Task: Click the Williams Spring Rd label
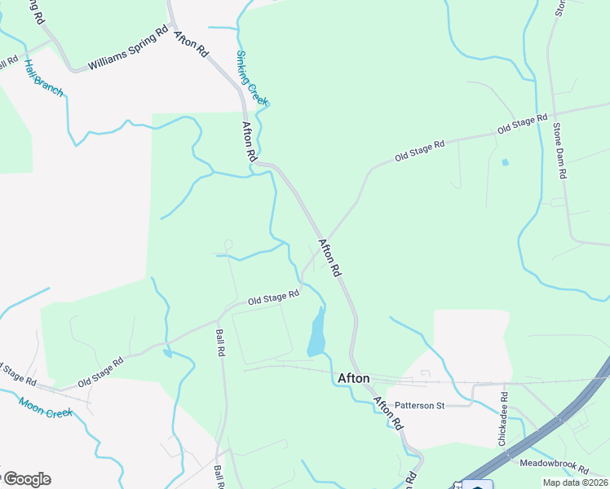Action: (x=128, y=51)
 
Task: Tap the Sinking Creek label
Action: (x=252, y=78)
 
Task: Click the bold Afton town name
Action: (x=353, y=378)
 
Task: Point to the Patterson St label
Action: (x=418, y=404)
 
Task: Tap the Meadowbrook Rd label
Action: (x=554, y=466)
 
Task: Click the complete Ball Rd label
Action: (x=220, y=343)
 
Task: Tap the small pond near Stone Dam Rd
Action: (x=505, y=162)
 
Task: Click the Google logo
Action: (x=26, y=479)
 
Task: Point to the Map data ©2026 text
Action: (x=574, y=482)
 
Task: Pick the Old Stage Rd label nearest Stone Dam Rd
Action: (x=522, y=125)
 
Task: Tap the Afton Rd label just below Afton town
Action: (x=388, y=412)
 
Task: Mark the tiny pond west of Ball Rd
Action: (x=167, y=354)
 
